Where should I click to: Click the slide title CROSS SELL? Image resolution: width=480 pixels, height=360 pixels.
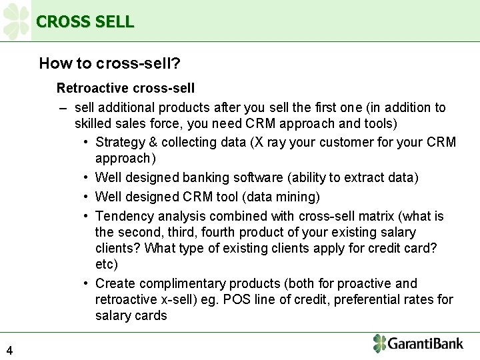[x=85, y=21]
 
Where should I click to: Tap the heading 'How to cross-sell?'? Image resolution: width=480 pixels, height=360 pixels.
[x=110, y=63]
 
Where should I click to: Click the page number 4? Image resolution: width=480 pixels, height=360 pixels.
[x=9, y=350]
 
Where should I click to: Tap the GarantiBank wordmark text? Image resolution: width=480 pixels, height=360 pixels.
[x=426, y=344]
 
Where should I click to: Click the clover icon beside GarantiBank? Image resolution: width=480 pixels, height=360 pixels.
[x=379, y=343]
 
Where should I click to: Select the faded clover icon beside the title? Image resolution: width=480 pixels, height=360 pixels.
[x=16, y=21]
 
